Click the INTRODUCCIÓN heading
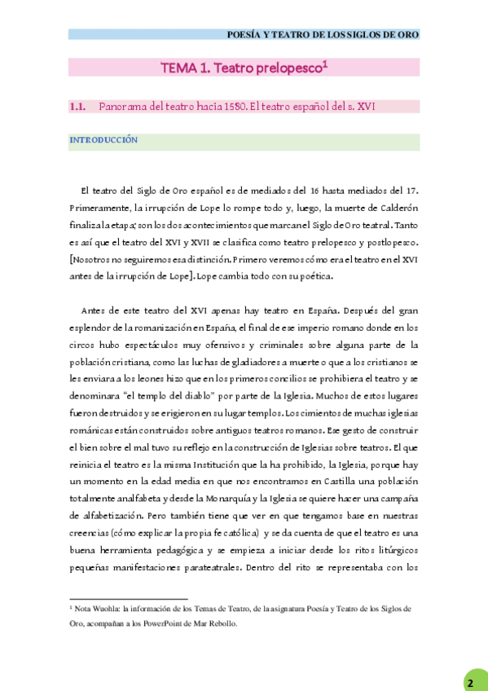click(103, 140)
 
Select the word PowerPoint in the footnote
click(164, 623)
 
